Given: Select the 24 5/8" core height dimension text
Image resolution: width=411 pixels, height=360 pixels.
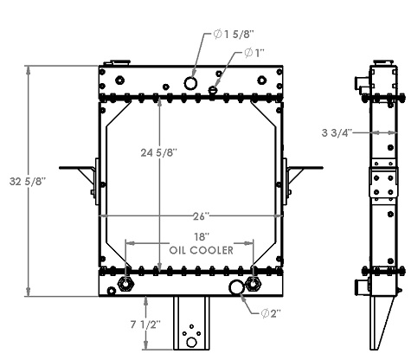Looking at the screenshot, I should pyautogui.click(x=158, y=153).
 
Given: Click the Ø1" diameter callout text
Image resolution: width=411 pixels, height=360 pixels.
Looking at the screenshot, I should pyautogui.click(x=254, y=53).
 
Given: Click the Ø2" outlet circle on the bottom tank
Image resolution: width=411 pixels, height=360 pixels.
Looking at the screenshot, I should pyautogui.click(x=235, y=287).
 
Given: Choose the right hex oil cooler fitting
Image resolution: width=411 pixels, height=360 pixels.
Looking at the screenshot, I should pyautogui.click(x=253, y=285).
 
